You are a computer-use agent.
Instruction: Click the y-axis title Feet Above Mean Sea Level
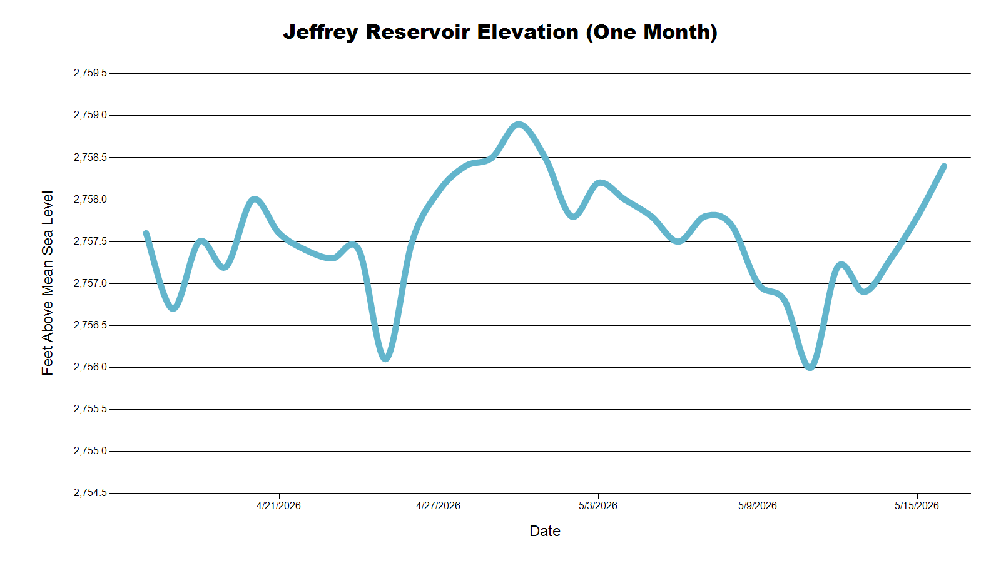pos(48,283)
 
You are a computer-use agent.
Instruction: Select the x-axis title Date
pos(545,531)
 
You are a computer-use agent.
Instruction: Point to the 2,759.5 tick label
pos(90,73)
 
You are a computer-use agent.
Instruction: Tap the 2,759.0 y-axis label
pos(90,115)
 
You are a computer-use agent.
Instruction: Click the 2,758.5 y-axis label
pos(90,157)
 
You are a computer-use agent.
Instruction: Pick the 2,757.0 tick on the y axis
pos(90,283)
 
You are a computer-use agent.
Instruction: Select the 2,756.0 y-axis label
pos(90,367)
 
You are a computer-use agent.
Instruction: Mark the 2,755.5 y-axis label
pos(90,409)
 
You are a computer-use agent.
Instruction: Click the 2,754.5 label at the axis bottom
pos(90,493)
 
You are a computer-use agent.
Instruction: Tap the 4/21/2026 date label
pos(278,506)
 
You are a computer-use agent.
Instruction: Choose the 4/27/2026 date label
pos(438,506)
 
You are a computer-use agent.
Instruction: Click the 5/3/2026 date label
pos(598,506)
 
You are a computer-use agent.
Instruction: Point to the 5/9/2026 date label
pos(758,506)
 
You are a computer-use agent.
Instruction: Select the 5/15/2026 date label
pos(917,506)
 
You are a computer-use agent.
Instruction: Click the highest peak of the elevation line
pos(518,124)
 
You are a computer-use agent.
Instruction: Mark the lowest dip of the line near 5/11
pos(810,368)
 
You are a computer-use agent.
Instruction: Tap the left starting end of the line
pos(146,233)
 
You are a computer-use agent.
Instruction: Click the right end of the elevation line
pos(944,166)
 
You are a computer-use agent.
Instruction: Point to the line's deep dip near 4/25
pos(385,359)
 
